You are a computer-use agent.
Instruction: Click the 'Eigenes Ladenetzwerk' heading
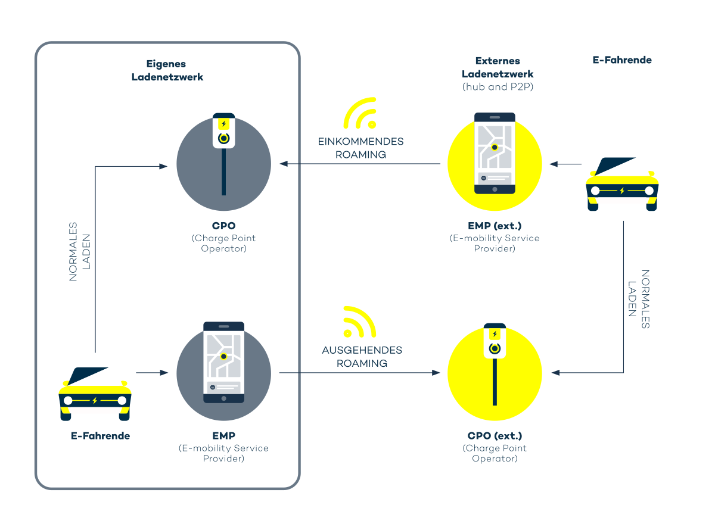coord(167,70)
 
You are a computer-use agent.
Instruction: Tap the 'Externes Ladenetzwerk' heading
coord(498,67)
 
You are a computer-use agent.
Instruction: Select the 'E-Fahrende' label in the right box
coord(622,60)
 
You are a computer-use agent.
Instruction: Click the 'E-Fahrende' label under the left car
coord(100,436)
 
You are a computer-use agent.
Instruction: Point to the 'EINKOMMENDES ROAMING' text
coord(361,148)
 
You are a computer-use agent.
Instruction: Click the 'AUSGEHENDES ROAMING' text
coord(362,357)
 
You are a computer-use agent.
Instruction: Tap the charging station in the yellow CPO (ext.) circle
coord(495,363)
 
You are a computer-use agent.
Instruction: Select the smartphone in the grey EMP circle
coord(223,363)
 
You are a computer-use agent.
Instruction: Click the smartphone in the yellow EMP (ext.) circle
coord(495,154)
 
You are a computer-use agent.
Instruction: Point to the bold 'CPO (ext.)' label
coord(495,436)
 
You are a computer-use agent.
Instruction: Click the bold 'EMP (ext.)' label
coord(495,227)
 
